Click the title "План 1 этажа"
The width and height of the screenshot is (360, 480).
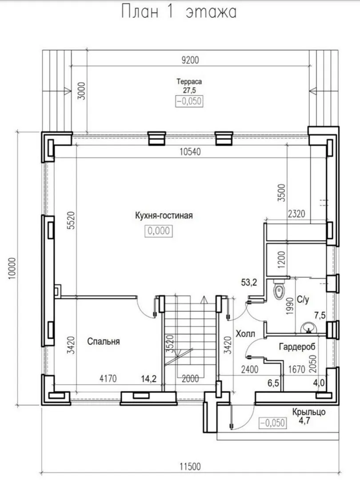point(179,12)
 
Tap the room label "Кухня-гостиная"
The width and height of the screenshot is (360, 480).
point(164,216)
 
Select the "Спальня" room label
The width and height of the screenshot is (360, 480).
point(104,341)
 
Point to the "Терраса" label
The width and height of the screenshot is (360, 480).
point(189,82)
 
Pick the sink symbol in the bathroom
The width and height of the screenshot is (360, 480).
point(308,328)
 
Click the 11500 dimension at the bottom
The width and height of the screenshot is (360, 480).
point(190,467)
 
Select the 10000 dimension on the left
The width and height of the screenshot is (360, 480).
point(12,268)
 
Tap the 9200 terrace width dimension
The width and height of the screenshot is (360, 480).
point(190,60)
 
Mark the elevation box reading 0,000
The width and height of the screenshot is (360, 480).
point(159,231)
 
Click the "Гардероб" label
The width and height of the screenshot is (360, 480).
point(297,347)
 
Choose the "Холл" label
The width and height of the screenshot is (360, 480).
point(245,334)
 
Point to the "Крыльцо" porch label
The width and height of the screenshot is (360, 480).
point(308,412)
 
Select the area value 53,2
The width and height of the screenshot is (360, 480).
point(249,283)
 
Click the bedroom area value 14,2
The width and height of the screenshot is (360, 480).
point(149,379)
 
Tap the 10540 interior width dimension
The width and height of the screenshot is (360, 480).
point(190,152)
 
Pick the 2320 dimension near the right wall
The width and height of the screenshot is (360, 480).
point(296,213)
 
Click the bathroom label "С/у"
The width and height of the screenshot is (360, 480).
point(303,300)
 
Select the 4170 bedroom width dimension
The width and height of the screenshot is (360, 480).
point(108,379)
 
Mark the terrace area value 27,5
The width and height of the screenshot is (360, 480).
point(189,90)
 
